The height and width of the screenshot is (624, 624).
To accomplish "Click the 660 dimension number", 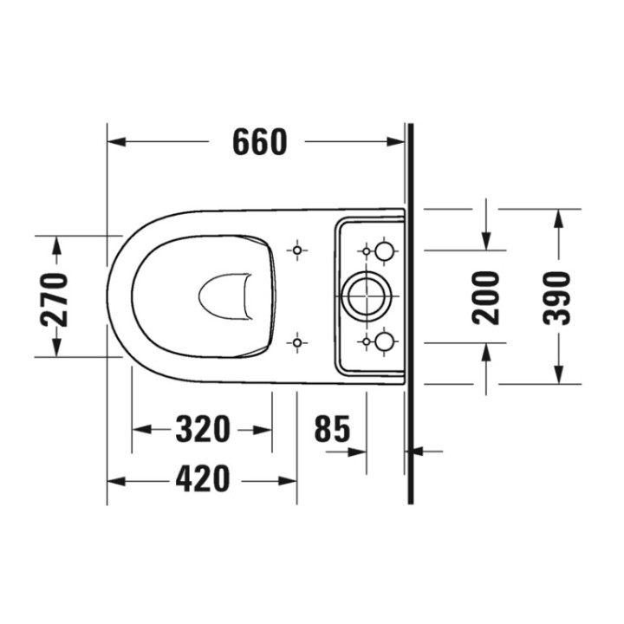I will (x=259, y=141).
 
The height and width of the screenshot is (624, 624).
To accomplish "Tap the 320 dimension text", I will (x=203, y=429).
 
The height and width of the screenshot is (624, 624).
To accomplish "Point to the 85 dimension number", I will (x=332, y=429).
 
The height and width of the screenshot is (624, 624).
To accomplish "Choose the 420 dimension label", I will (x=203, y=478).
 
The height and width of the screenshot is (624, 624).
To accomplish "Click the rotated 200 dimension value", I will (x=486, y=297).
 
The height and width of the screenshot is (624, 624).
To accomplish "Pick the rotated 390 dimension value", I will (x=557, y=297).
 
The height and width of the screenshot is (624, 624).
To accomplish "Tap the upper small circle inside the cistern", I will (x=385, y=251).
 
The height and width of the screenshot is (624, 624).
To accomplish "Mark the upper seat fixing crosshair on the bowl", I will (x=297, y=250).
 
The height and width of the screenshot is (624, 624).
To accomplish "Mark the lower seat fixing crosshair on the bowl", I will (x=297, y=343).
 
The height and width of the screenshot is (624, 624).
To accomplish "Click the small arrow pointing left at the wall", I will (x=415, y=451).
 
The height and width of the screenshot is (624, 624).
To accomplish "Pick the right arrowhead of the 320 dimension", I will (x=264, y=429).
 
